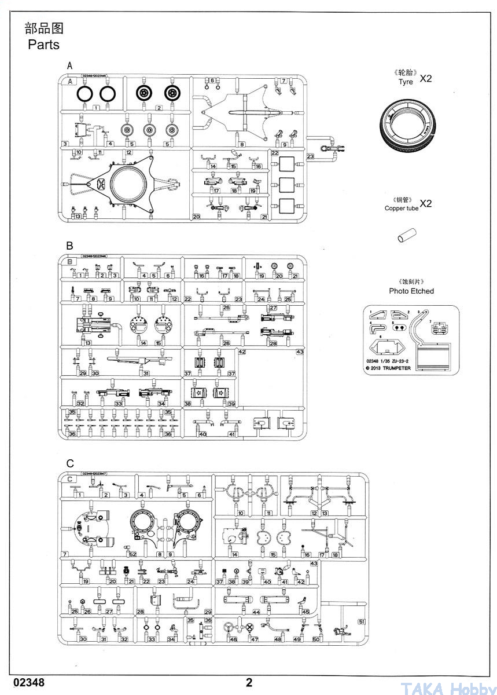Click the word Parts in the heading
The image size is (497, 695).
pyautogui.click(x=43, y=45)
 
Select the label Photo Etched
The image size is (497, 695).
pyautogui.click(x=411, y=291)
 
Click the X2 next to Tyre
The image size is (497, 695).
pyautogui.click(x=425, y=79)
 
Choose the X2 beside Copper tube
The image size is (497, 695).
pyautogui.click(x=425, y=203)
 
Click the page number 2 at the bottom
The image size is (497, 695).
pyautogui.click(x=249, y=682)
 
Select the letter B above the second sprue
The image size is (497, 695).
pyautogui.click(x=69, y=246)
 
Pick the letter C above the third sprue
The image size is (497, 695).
pyautogui.click(x=70, y=463)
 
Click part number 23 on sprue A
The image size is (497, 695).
pyautogui.click(x=310, y=156)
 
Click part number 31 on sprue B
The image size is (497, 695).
pyautogui.click(x=146, y=374)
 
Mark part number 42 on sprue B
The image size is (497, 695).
pyautogui.click(x=242, y=352)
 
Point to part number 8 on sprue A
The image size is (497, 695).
pyautogui.click(x=242, y=144)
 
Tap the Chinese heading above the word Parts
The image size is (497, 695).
pyautogui.click(x=43, y=28)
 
